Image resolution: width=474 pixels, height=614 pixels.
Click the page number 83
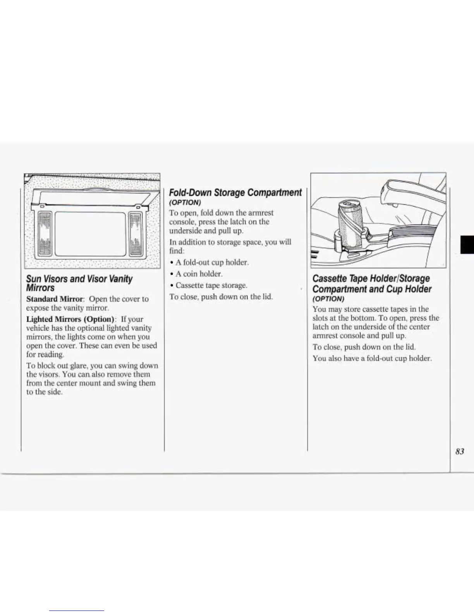pos(460,451)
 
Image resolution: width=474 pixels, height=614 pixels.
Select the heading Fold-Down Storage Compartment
pos(235,193)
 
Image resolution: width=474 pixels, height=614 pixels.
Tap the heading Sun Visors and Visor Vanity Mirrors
pos(79,283)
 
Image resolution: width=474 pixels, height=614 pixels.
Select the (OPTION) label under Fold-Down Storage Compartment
pos(185,203)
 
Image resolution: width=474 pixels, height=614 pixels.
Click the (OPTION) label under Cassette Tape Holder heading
pos(328,299)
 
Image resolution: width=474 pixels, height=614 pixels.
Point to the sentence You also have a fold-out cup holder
pos(372,359)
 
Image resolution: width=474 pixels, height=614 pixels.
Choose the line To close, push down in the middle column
pos(221,297)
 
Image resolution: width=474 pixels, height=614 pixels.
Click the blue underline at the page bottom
pos(77,611)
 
